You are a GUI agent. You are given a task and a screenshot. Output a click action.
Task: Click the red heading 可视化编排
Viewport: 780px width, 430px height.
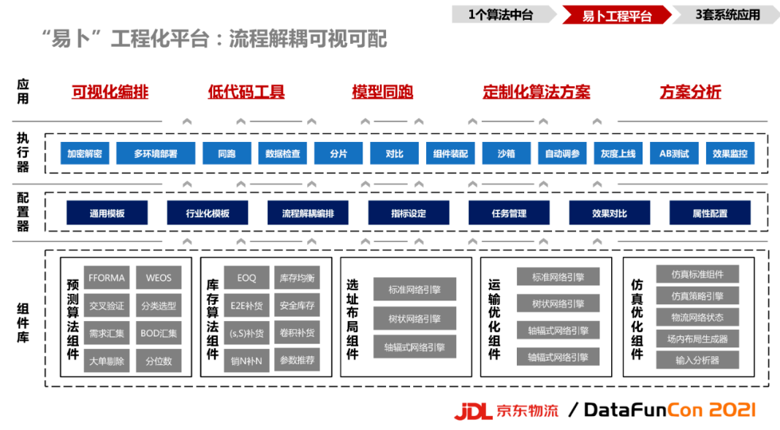[110, 92]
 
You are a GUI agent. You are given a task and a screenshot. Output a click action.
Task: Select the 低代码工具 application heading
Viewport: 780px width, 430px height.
[246, 92]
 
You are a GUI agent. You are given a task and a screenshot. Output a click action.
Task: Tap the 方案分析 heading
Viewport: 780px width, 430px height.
[690, 92]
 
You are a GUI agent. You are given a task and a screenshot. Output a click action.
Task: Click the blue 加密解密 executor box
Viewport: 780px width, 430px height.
[86, 154]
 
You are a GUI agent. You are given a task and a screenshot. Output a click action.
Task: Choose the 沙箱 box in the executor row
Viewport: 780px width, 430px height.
[506, 154]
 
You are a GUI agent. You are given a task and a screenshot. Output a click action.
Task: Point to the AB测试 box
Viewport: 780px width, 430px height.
[674, 154]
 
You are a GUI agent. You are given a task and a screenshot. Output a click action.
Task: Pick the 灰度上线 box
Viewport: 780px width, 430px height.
[618, 154]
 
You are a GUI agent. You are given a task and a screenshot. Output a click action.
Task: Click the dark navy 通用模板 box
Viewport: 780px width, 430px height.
[107, 214]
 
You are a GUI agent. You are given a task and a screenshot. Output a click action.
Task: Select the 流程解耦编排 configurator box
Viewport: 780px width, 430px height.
[308, 214]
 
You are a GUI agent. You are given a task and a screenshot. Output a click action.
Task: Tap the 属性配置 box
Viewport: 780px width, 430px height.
[710, 214]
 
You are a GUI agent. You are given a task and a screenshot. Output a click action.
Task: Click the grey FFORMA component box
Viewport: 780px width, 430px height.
[107, 278]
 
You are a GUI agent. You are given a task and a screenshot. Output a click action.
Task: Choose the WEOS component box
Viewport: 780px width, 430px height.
[159, 278]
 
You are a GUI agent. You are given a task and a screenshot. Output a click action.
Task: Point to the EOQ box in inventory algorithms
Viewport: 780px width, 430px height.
[246, 278]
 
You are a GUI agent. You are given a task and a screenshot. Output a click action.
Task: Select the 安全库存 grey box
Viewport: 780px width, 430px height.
[297, 306]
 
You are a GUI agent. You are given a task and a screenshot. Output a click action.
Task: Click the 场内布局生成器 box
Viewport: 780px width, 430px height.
[697, 339]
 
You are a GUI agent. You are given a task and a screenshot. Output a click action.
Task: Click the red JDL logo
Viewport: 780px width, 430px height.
[473, 411]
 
